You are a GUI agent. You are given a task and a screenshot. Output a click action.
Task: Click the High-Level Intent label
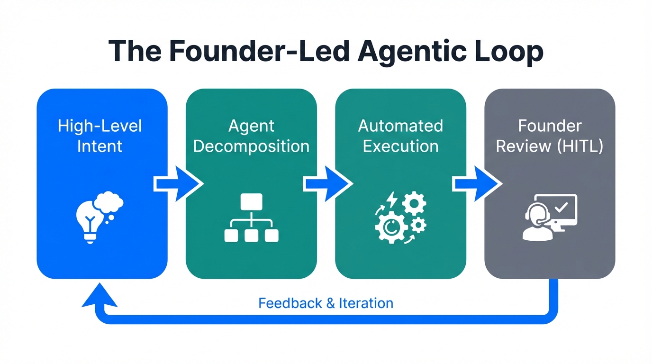point(100,136)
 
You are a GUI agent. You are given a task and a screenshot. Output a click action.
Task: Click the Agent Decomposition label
point(251,136)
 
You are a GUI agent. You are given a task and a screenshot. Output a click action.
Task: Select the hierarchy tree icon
point(251,218)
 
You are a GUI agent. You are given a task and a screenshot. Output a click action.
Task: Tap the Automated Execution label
point(400,136)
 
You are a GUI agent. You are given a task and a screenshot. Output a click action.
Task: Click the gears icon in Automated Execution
point(400,218)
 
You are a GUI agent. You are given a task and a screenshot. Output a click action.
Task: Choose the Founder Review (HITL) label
point(550,136)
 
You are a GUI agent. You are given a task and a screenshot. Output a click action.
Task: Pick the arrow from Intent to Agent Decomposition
point(178,184)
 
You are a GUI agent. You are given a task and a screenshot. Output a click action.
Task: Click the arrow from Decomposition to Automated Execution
point(327,184)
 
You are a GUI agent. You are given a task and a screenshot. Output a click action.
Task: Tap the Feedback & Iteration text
point(326,303)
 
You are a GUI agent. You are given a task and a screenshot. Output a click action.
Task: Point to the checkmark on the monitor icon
point(561,207)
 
